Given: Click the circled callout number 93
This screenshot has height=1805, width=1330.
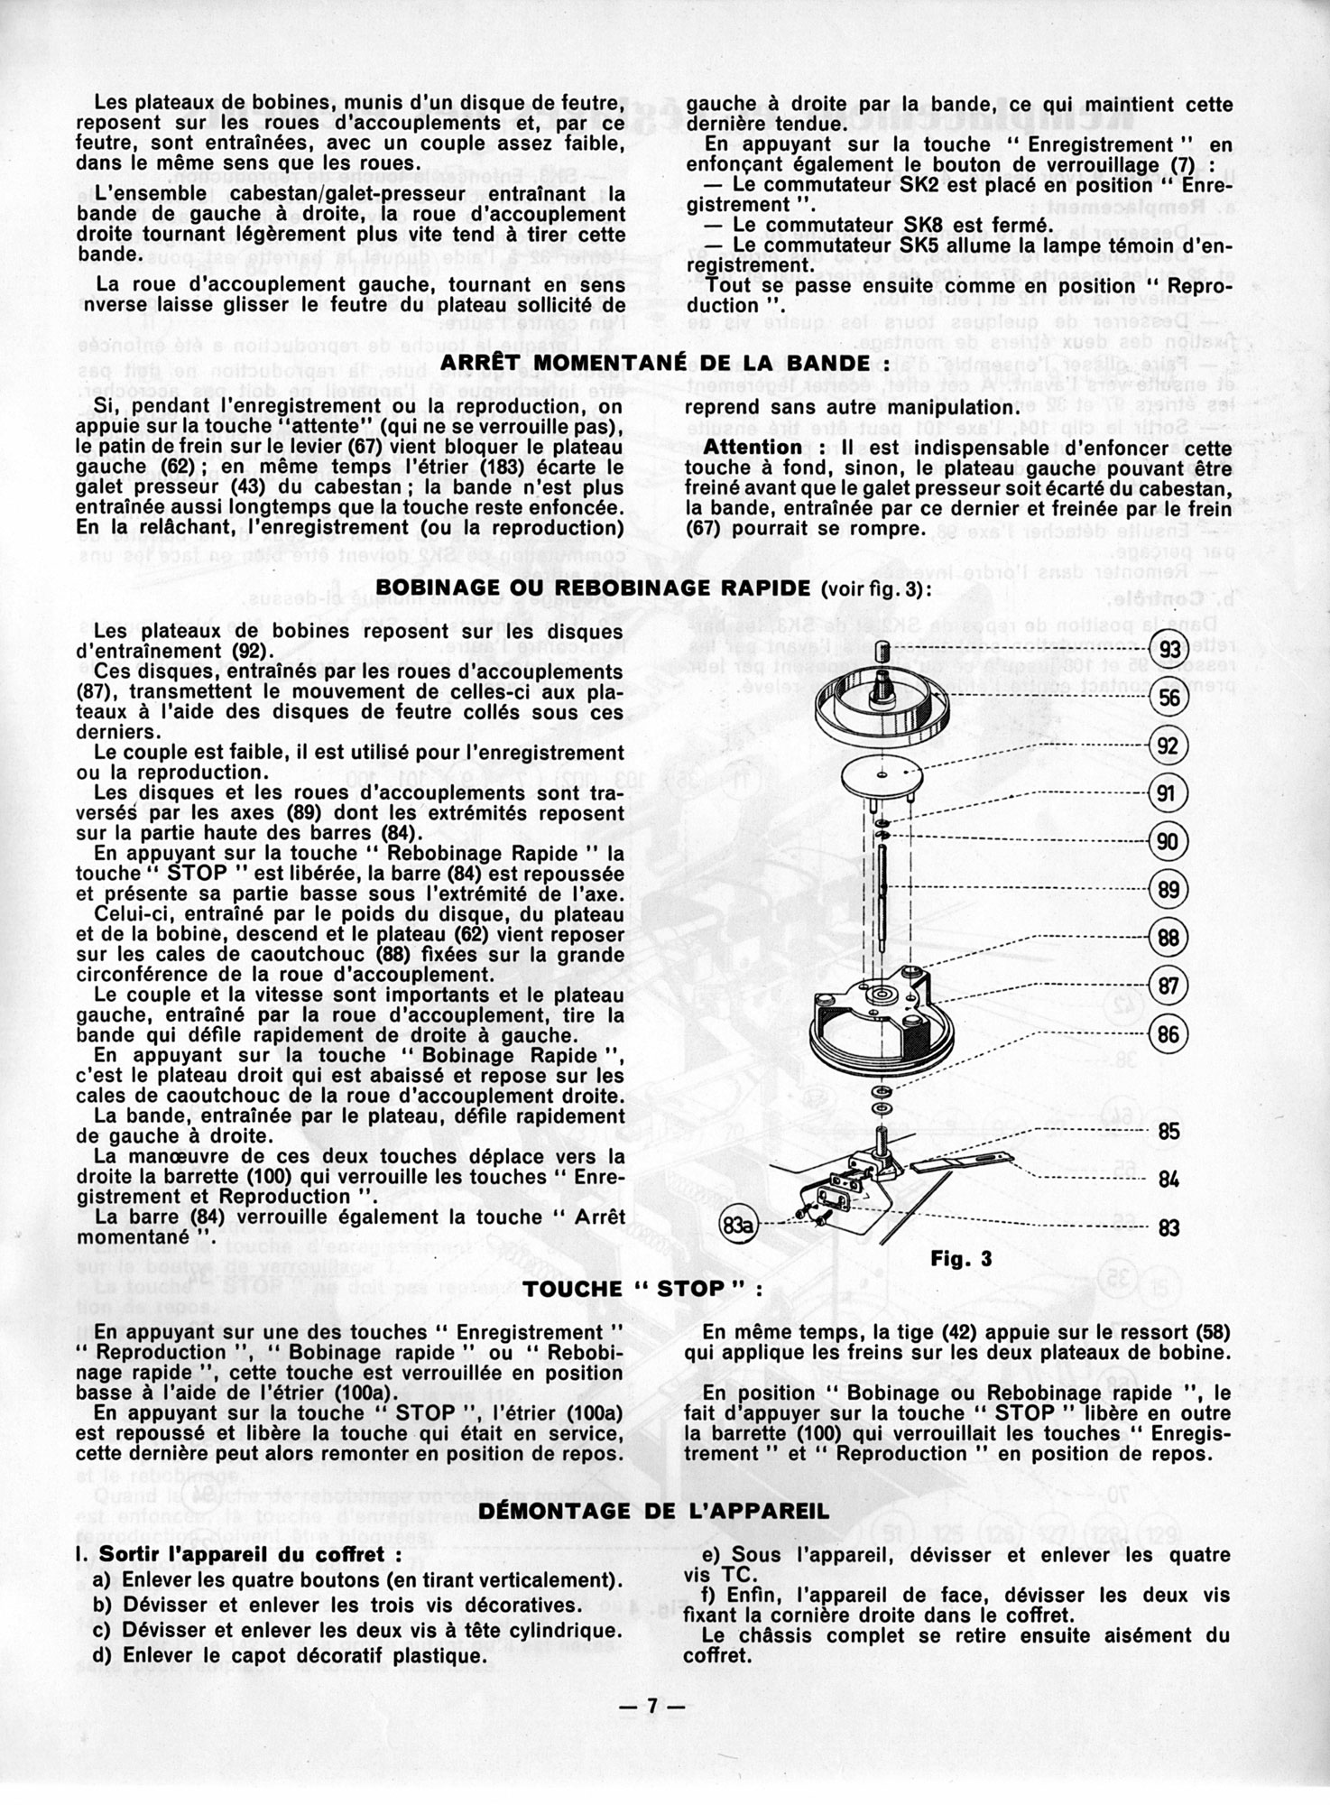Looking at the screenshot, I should coord(1170,651).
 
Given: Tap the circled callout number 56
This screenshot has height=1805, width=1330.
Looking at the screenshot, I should coord(1170,699).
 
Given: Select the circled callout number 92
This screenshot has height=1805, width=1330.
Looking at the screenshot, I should coord(1168,746).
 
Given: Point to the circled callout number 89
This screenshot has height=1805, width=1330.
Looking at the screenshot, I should coord(1168,890).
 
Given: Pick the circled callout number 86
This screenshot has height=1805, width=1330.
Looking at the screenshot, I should coord(1168,1033).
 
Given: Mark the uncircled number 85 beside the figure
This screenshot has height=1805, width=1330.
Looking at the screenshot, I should coord(1168,1132).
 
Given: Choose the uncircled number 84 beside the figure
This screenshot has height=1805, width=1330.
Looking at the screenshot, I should coord(1168,1180).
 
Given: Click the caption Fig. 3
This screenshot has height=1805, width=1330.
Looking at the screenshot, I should coord(961,1258).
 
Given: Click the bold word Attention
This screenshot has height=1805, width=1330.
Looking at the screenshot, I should coord(753,448).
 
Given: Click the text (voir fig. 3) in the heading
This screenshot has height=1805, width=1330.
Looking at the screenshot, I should coord(876,588).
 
